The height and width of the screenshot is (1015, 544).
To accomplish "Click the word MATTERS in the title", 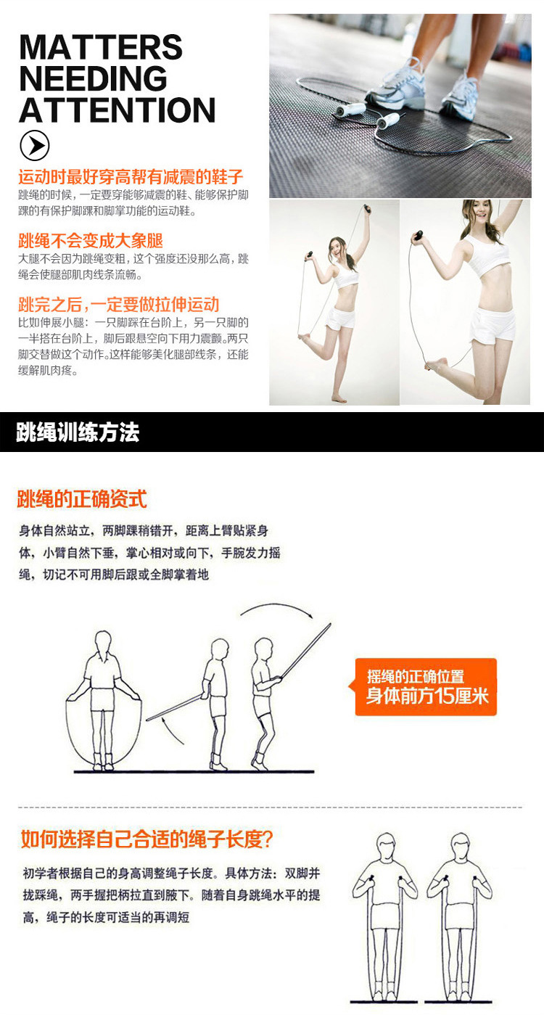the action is coord(101,47).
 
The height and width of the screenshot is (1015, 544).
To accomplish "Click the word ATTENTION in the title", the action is coord(118,110).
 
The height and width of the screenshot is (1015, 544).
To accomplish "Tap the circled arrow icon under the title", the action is coord(34,145).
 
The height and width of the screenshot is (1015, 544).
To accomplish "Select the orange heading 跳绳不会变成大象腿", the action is coord(91,241).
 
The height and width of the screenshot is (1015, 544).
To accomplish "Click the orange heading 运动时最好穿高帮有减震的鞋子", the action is coord(131,177).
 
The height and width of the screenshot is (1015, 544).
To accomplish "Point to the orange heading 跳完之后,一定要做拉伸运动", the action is coord(119,305).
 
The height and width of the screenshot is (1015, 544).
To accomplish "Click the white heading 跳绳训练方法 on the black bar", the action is coord(78,432).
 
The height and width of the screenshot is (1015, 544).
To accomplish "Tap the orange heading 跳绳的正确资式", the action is coord(82,499).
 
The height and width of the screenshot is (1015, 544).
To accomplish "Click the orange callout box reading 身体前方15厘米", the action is coord(426,687).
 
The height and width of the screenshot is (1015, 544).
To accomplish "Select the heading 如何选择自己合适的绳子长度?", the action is coord(147,839).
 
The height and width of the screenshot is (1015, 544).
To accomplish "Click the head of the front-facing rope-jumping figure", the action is coord(103,643).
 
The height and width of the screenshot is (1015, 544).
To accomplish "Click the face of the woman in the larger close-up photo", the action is coord(482,213).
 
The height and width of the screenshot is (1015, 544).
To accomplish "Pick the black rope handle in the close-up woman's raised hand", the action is coord(418,236).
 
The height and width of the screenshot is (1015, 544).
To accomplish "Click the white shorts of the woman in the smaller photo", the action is coord(341,318).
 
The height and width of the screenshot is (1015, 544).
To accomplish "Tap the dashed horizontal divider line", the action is coord(270,808).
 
